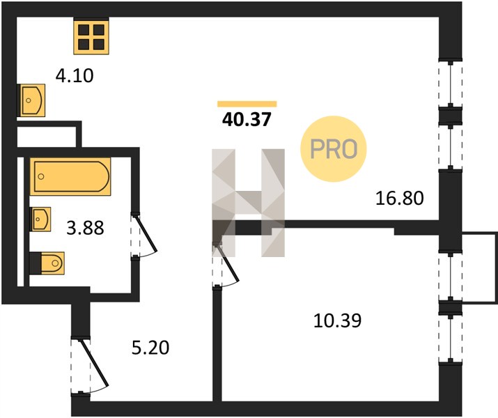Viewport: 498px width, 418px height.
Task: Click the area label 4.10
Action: (x=75, y=76)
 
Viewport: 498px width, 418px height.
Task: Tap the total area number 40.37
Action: (x=247, y=120)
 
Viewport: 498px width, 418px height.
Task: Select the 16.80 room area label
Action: (x=400, y=198)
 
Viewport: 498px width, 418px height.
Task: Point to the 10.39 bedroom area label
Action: (x=337, y=320)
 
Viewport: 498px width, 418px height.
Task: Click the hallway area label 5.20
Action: (x=150, y=348)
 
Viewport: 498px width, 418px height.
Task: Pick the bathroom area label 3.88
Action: (x=85, y=228)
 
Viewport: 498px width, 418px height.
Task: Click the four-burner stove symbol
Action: (x=91, y=36)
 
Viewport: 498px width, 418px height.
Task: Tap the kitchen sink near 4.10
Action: (x=31, y=100)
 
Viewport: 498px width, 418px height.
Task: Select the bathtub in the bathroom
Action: (x=70, y=176)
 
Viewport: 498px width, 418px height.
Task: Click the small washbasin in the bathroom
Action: (x=40, y=219)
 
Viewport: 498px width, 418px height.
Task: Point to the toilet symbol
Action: (x=47, y=263)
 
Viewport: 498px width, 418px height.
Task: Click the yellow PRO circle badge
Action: (x=334, y=148)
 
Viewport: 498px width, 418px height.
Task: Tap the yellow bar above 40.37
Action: (x=247, y=104)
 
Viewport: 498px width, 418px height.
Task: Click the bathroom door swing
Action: (x=144, y=235)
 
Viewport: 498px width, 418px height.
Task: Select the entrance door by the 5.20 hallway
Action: (x=90, y=365)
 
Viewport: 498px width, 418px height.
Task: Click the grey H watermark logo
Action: (x=249, y=203)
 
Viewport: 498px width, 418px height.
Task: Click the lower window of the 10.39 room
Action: (x=451, y=339)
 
